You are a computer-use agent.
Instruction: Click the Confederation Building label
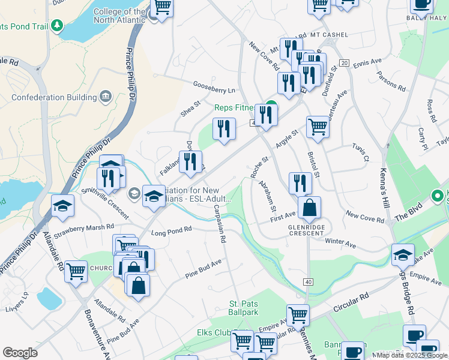(54, 97)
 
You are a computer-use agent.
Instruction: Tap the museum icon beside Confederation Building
(106, 97)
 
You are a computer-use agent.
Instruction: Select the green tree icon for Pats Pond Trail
(57, 26)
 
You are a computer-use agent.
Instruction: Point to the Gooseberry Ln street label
(214, 88)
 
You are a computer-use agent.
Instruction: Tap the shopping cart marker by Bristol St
(318, 127)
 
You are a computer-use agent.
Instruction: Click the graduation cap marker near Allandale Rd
(62, 206)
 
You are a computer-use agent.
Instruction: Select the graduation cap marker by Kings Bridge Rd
(403, 254)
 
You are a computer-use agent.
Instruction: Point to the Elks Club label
(214, 332)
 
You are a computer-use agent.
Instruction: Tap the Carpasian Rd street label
(219, 224)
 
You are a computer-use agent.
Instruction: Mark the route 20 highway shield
(344, 63)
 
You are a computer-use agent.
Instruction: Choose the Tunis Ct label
(361, 153)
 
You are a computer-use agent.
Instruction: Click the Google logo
(20, 353)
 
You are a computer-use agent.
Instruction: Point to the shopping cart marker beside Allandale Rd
(76, 272)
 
